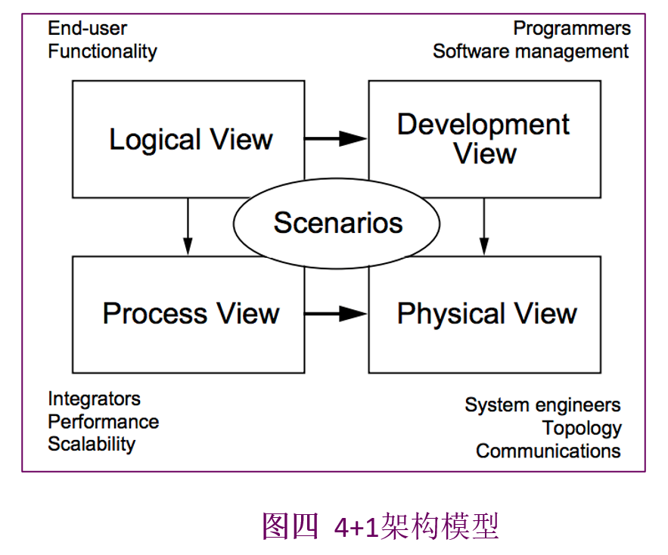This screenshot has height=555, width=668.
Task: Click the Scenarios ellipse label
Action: [338, 223]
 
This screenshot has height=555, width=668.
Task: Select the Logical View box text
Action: [191, 140]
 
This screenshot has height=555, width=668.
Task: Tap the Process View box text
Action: [191, 314]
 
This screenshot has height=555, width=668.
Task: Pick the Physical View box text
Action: [486, 315]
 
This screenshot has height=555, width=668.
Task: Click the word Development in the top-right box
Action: [483, 125]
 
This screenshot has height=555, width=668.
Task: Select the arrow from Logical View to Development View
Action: [336, 138]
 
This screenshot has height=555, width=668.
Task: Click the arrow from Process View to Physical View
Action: [336, 314]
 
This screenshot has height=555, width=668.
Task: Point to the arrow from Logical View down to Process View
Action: [188, 227]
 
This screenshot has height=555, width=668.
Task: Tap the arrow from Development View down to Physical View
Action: [484, 227]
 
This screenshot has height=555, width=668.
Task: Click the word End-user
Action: [87, 29]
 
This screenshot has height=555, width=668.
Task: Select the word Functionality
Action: [102, 52]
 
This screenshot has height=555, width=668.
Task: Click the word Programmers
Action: [572, 29]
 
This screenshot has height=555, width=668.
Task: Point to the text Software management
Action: [530, 52]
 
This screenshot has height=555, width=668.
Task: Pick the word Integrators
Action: [94, 399]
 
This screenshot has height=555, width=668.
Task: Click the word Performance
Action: [104, 422]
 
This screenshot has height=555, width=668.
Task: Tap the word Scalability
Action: [92, 445]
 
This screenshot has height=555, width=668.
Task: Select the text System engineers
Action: [542, 405]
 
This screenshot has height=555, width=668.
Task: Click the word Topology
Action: [582, 429]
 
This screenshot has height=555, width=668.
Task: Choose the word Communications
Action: [548, 451]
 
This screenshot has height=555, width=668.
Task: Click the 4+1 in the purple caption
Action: [356, 528]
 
